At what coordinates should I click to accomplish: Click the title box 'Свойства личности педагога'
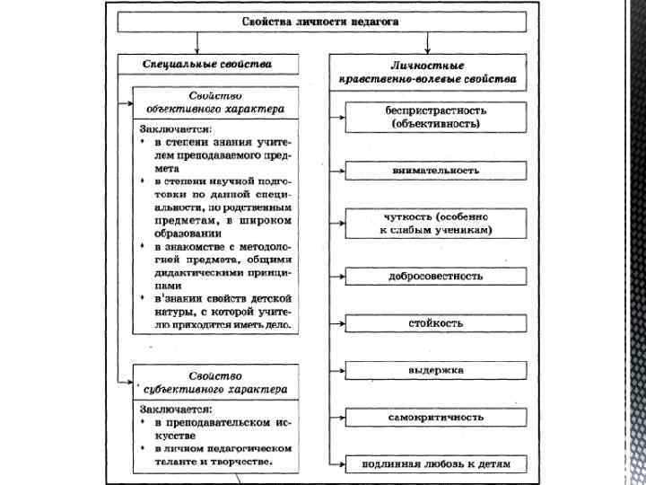[320, 21]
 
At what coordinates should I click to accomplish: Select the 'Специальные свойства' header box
[207, 65]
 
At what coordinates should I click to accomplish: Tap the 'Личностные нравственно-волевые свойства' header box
[427, 72]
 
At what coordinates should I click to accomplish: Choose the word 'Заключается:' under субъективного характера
[176, 407]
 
